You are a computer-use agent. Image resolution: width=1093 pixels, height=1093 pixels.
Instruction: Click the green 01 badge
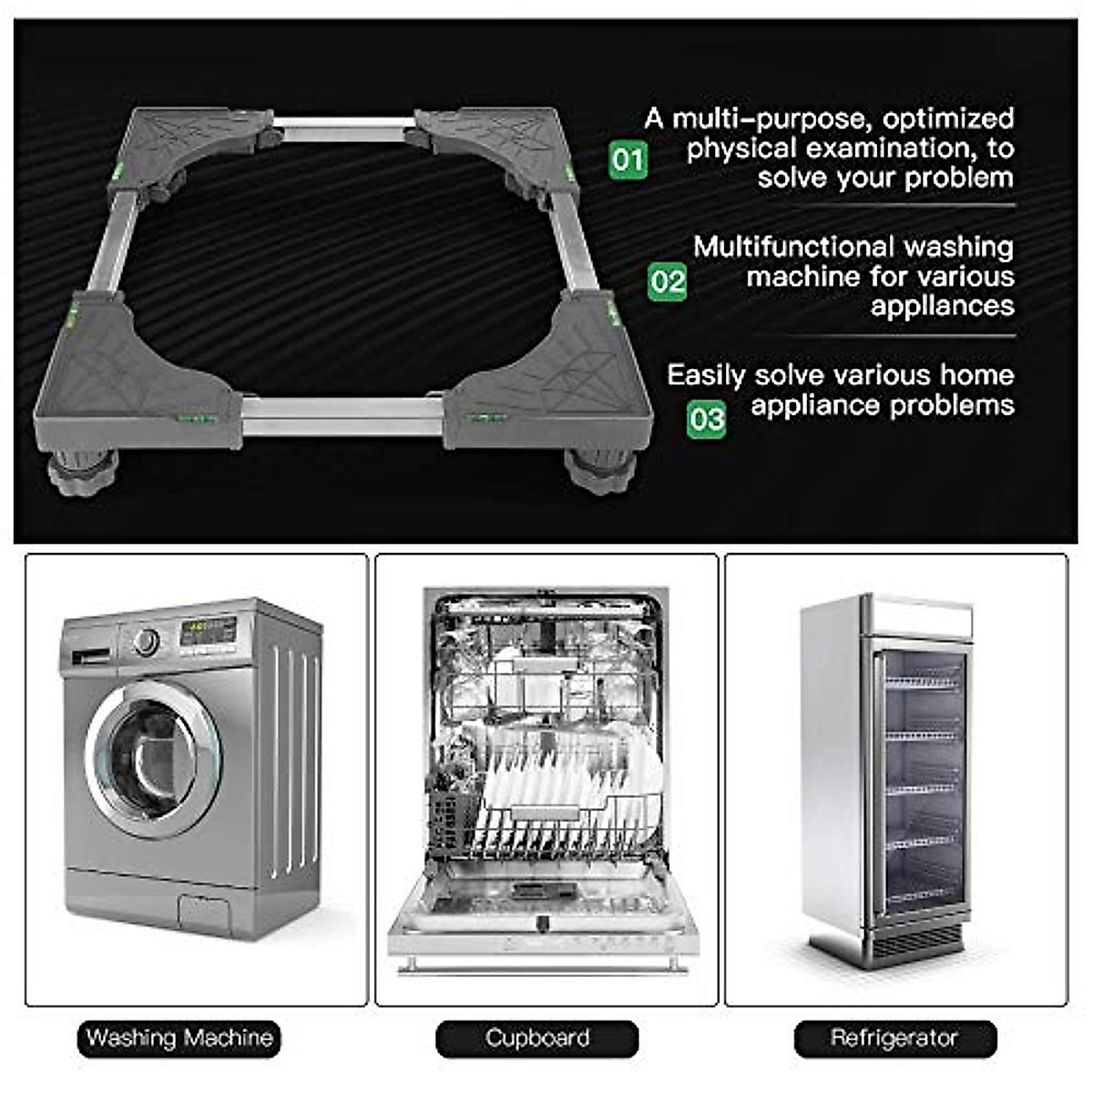(x=628, y=160)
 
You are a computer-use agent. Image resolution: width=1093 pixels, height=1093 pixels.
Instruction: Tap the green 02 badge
(x=668, y=281)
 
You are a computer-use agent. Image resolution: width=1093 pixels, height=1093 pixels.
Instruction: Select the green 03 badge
(x=706, y=419)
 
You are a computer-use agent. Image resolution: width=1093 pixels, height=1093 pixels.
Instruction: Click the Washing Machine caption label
(x=179, y=1038)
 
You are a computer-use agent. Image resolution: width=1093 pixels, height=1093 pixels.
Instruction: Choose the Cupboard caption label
(x=537, y=1038)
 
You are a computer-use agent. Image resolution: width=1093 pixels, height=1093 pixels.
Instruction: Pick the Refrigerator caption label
(x=894, y=1038)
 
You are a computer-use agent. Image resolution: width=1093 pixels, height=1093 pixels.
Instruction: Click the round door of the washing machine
(x=153, y=759)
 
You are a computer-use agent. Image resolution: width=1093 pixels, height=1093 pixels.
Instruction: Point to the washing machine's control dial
(x=146, y=642)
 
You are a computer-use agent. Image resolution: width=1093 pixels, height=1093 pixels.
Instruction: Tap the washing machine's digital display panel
(x=208, y=630)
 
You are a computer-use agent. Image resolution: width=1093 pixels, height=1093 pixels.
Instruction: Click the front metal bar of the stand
(x=342, y=415)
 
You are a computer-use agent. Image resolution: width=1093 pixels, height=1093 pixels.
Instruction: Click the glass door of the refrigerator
(x=922, y=774)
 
